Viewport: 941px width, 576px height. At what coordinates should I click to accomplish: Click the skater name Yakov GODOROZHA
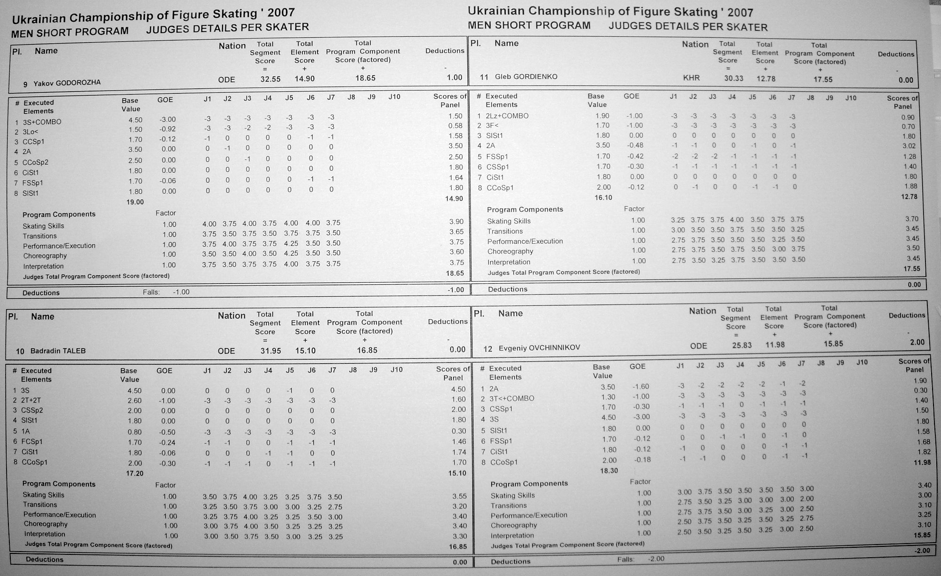67,84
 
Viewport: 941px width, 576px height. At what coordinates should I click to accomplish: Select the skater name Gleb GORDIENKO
526,77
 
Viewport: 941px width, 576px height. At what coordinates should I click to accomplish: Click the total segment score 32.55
270,79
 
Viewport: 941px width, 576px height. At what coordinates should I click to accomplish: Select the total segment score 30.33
734,78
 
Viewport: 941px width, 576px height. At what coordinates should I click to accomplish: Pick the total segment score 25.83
742,345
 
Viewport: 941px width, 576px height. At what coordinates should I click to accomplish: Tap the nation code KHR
691,78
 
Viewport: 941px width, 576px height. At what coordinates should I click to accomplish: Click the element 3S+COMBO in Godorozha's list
42,122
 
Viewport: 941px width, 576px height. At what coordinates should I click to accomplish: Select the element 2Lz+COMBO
507,116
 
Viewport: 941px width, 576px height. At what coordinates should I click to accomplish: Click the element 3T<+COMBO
511,399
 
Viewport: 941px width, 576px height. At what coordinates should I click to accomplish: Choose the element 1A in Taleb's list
25,431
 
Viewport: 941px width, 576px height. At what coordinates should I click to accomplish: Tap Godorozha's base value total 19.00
135,202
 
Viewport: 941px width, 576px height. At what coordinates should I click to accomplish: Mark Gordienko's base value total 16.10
603,197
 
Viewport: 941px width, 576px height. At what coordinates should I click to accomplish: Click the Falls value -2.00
656,559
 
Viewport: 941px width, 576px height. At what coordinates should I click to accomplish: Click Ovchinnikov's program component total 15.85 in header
833,344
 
